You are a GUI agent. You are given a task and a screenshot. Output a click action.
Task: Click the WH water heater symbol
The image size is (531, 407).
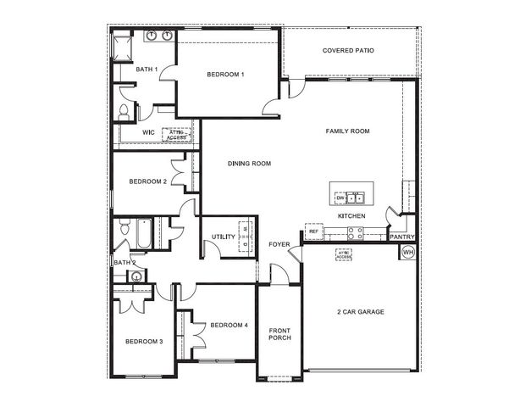click(x=408, y=252)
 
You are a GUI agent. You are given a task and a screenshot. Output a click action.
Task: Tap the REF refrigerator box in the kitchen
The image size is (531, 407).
click(x=313, y=231)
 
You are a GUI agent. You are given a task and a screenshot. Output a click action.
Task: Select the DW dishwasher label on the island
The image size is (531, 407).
click(x=340, y=198)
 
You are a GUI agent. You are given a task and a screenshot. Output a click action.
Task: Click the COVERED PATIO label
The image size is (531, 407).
click(x=348, y=51)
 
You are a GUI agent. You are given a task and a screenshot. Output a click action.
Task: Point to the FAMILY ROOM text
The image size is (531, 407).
click(x=348, y=131)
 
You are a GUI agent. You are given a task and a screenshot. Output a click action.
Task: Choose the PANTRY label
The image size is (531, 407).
click(x=401, y=237)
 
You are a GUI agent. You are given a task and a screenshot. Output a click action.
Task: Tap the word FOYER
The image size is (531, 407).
click(x=279, y=244)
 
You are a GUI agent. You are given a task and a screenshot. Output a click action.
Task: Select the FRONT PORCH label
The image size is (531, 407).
click(x=279, y=333)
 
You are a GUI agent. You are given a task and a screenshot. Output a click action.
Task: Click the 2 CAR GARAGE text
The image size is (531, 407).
click(x=361, y=312)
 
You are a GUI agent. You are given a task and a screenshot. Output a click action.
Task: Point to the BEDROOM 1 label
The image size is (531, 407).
click(x=225, y=75)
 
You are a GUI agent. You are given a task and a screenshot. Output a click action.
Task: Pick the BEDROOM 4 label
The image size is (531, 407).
click(x=229, y=325)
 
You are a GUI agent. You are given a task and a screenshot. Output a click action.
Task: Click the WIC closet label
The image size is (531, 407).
click(x=148, y=132)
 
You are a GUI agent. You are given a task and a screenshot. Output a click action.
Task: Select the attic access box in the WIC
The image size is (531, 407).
click(x=176, y=134)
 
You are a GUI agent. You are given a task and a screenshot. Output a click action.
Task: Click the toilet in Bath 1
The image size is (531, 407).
click(x=124, y=111)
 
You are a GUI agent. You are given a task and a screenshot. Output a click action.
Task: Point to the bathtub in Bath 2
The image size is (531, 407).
click(x=141, y=233)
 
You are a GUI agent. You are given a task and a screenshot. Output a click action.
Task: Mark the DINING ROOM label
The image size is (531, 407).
click(x=249, y=163)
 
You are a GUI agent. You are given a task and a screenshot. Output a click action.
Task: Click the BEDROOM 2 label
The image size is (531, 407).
click(x=147, y=181)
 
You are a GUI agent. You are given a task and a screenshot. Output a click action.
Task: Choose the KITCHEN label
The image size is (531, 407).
click(x=351, y=216)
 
